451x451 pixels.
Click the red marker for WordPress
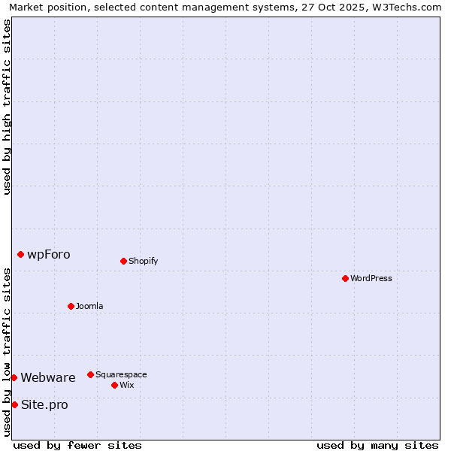[x=345, y=278]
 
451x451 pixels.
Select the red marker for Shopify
[x=123, y=261]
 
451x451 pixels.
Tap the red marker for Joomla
[x=71, y=306]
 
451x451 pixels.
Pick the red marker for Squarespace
[x=90, y=374]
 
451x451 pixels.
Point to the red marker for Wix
[x=114, y=385]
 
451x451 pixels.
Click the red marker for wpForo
[x=20, y=254]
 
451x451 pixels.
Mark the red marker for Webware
[x=14, y=377]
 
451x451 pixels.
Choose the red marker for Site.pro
[x=14, y=404]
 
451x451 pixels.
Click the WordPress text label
[x=371, y=278]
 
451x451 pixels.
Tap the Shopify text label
[x=143, y=261]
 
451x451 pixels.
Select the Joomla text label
[x=89, y=306]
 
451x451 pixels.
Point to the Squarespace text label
[x=121, y=374]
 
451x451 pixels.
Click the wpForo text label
[x=49, y=254]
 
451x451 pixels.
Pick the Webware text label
[x=48, y=377]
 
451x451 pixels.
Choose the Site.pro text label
[x=44, y=404]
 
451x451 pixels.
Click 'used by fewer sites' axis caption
[x=77, y=445]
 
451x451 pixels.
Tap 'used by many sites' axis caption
[x=377, y=445]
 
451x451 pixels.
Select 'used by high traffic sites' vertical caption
[x=7, y=107]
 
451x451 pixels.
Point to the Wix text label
[x=126, y=385]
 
